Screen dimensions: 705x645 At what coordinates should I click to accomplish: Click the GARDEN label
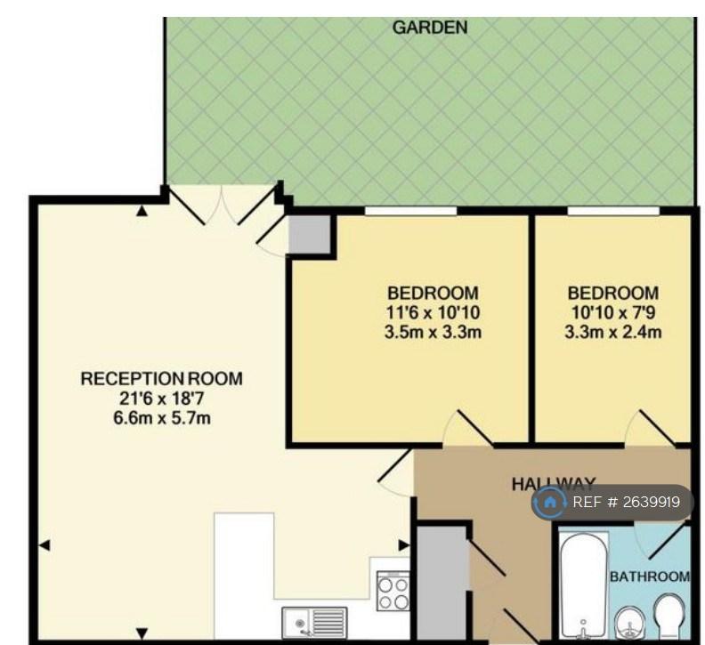(430, 28)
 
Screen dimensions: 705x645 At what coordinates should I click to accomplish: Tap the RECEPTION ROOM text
(161, 378)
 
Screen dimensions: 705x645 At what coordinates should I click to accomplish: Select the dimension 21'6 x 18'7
(162, 399)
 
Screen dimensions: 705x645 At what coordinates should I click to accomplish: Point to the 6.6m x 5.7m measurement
(162, 418)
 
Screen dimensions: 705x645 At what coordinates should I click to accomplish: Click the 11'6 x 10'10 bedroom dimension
(433, 312)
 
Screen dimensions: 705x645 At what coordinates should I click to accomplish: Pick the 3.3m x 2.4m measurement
(612, 332)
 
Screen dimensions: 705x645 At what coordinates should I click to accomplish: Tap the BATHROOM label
(650, 576)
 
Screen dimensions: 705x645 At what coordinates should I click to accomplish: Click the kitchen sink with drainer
(315, 622)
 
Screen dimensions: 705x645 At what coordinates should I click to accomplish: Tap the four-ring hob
(393, 591)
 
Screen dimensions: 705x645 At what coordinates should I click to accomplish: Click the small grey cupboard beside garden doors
(310, 234)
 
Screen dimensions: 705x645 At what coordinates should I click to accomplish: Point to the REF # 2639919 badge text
(627, 502)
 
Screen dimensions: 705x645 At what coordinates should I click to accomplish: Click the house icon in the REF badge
(549, 502)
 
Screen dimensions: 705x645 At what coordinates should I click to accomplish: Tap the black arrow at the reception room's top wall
(142, 210)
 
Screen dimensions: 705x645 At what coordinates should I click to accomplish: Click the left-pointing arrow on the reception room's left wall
(45, 545)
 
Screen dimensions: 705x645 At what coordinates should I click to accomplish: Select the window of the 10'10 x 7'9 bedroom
(613, 210)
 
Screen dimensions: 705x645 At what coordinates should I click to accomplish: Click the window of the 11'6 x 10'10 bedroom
(410, 210)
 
